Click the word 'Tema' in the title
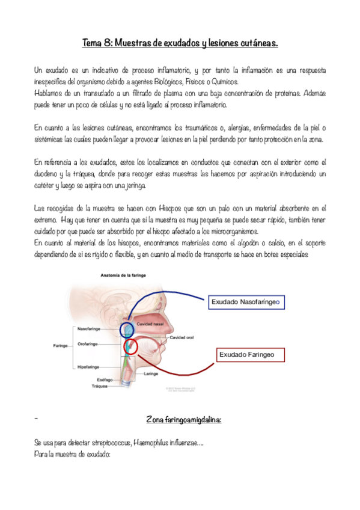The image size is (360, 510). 93,43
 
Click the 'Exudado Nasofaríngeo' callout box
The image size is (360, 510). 246,302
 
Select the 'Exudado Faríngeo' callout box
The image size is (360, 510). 245,355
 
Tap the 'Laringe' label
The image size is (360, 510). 151,373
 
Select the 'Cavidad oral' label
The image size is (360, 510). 182,337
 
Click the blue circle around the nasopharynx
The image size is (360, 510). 127,329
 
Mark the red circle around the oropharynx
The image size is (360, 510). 131,347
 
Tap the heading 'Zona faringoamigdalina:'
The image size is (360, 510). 183,419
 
